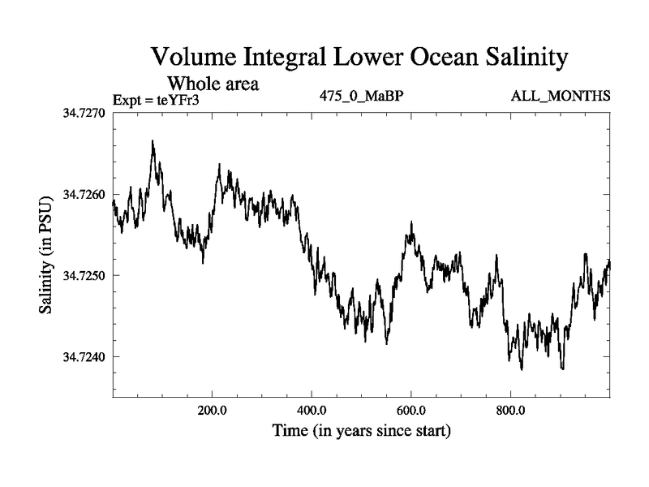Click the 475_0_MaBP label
coord(362,97)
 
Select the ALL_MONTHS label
coord(560,97)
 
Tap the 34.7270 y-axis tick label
coord(84,114)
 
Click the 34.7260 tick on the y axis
coord(84,195)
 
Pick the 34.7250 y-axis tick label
coord(84,276)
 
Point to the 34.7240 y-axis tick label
coord(84,357)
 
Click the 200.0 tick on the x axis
coord(212,409)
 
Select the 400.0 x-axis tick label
coord(312,409)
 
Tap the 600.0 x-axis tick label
coord(411,409)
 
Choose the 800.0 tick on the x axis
coord(511,409)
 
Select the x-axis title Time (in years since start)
coord(361,430)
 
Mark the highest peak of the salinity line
coord(152,141)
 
